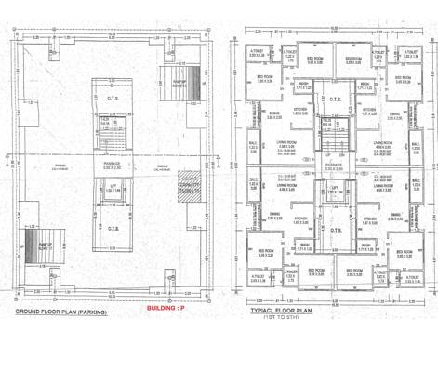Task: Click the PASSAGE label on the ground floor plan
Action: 108,165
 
